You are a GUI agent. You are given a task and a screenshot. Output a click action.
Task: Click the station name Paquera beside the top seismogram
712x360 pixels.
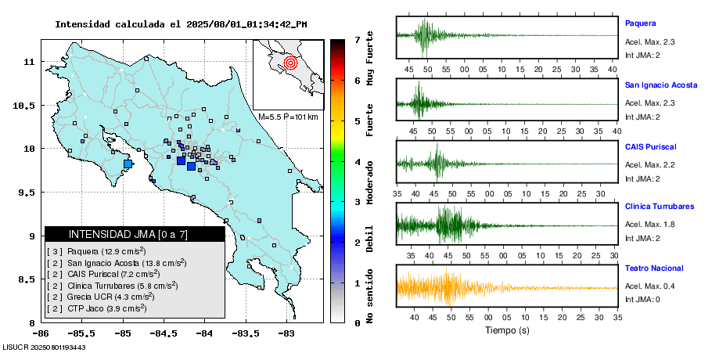(640, 23)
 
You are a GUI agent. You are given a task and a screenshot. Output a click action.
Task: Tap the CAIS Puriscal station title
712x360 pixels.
(650, 146)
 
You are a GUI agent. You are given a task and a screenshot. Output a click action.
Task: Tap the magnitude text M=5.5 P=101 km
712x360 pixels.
(288, 117)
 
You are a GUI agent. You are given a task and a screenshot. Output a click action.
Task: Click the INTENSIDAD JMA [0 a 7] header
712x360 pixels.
(135, 234)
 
